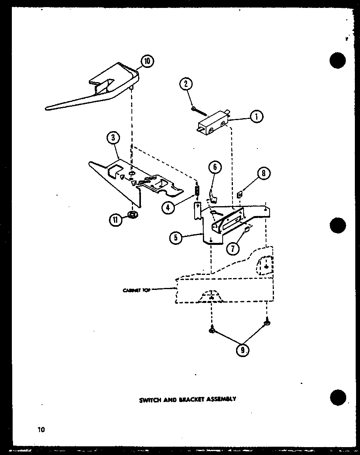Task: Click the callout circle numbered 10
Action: (x=147, y=61)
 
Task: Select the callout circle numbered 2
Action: (x=186, y=83)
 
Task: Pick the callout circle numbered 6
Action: (x=215, y=167)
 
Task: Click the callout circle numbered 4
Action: (x=168, y=207)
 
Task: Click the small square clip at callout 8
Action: (x=239, y=194)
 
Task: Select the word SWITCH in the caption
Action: (x=150, y=399)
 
